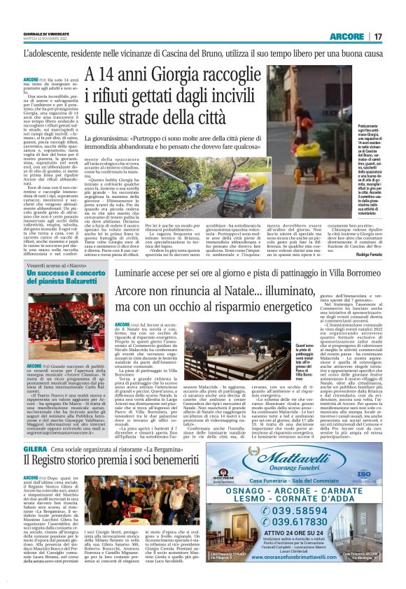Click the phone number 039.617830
302,532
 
